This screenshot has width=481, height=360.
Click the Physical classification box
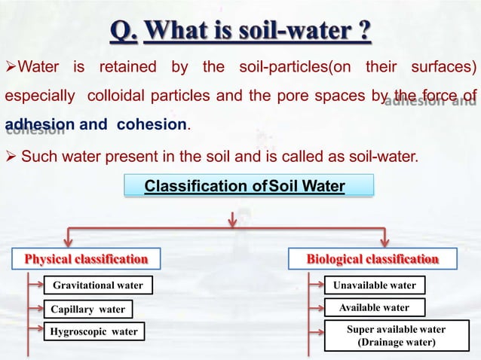pyautogui.click(x=86, y=259)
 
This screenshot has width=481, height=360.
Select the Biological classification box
pyautogui.click(x=372, y=259)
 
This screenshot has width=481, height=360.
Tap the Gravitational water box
pyautogui.click(x=97, y=285)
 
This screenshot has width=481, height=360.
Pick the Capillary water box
pyautogui.click(x=87, y=309)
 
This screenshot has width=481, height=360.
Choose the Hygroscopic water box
pyautogui.click(x=93, y=331)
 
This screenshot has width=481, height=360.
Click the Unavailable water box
pyautogui.click(x=374, y=285)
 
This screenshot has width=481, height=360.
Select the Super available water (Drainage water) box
pyautogui.click(x=396, y=336)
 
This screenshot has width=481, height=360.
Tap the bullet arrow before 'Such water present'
pyautogui.click(x=11, y=157)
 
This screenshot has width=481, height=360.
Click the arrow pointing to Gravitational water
pyautogui.click(x=35, y=285)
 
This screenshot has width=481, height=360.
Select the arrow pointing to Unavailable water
pyautogui.click(x=320, y=285)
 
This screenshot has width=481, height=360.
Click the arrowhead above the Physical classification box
pyautogui.click(x=70, y=239)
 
